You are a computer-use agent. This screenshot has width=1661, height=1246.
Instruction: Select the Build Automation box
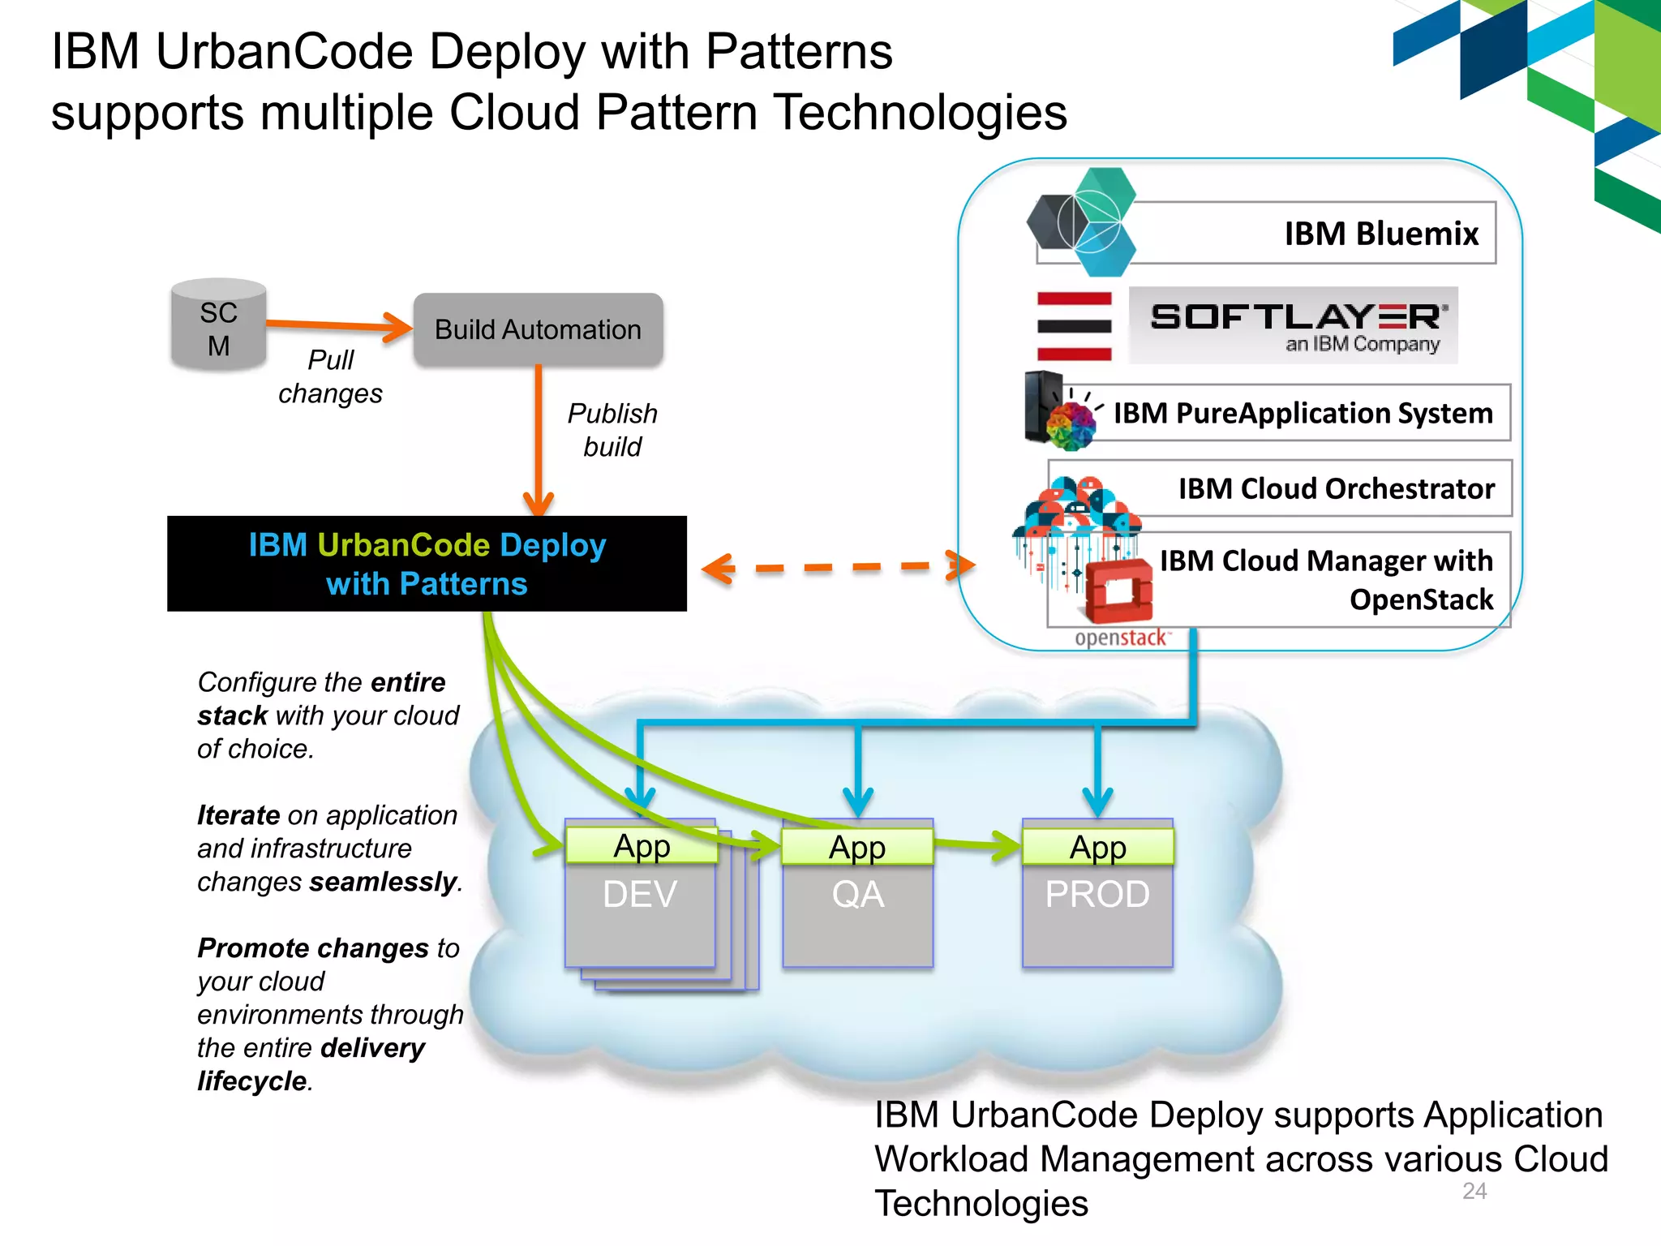coord(538,329)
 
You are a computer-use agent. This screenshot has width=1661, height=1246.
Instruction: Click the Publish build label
coord(612,430)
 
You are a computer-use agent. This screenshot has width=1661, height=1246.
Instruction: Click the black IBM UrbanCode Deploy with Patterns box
coord(427,564)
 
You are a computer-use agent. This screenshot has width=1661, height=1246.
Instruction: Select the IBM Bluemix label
coord(1380,234)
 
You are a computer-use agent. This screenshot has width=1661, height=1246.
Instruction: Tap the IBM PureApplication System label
coord(1302,414)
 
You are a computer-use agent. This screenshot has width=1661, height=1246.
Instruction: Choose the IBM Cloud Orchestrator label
coord(1336,489)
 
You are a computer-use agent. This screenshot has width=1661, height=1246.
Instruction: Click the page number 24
coord(1474,1191)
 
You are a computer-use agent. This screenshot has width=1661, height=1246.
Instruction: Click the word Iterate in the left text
coord(238,815)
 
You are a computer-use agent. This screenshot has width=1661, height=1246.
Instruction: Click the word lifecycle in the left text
coord(252,1081)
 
